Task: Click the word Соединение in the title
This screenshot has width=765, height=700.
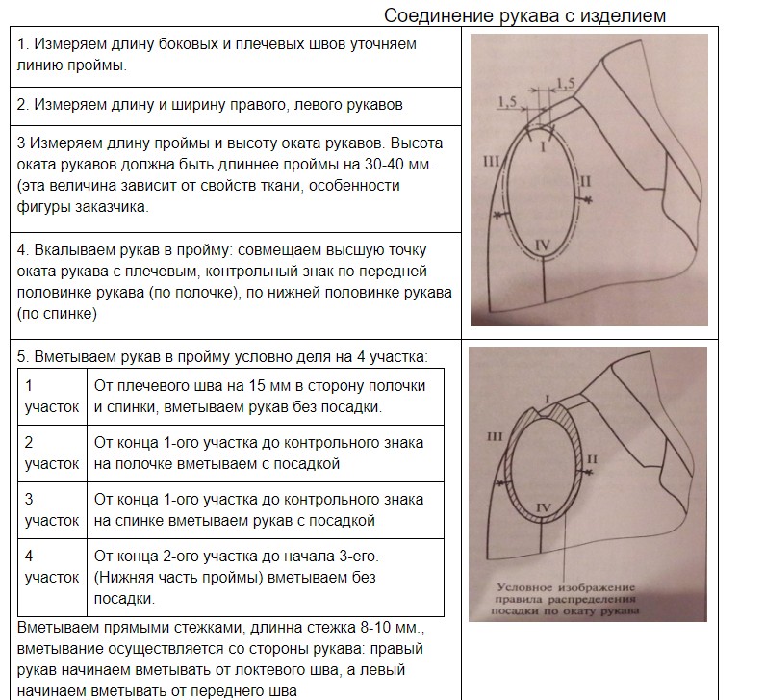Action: point(429,16)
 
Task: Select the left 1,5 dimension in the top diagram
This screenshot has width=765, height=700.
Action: point(508,100)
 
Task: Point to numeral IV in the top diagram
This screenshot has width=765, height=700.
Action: point(542,247)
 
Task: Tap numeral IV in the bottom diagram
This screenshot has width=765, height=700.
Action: point(542,506)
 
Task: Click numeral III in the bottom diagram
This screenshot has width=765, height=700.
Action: point(495,437)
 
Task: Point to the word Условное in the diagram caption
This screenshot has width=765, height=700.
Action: point(527,587)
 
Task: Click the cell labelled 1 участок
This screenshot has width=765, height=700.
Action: point(51,396)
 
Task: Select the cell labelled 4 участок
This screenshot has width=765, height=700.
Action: point(51,567)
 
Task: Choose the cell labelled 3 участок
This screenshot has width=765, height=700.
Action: point(51,510)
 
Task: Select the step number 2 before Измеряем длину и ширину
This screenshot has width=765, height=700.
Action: point(22,104)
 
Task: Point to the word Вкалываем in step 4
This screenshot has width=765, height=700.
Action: point(74,250)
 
